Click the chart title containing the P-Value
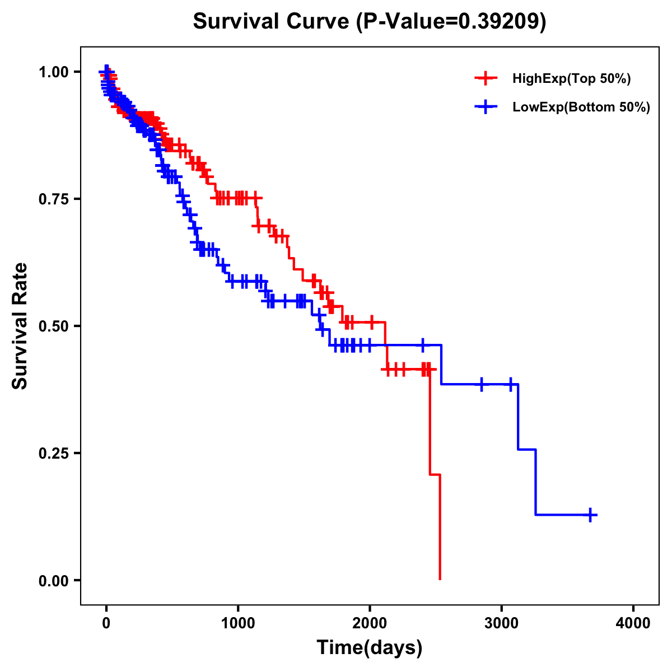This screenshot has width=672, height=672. tap(369, 22)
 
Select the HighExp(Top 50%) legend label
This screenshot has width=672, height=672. tap(572, 79)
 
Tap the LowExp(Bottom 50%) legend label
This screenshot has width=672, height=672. tap(581, 107)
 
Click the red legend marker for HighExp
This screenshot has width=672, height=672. tap(486, 78)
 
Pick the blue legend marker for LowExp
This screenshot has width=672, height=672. tap(486, 106)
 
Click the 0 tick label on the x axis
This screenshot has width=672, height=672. tap(106, 623)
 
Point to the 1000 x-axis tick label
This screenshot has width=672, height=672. tap(238, 623)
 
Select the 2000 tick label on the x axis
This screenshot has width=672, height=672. tap(370, 623)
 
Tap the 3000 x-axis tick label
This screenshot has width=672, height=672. tap(502, 623)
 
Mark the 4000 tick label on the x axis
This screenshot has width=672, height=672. tap(633, 623)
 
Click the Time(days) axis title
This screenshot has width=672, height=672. tap(370, 648)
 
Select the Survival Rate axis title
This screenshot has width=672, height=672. tap(21, 326)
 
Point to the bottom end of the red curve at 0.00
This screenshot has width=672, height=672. tap(440, 578)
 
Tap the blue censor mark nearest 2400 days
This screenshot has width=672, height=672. tap(423, 345)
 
